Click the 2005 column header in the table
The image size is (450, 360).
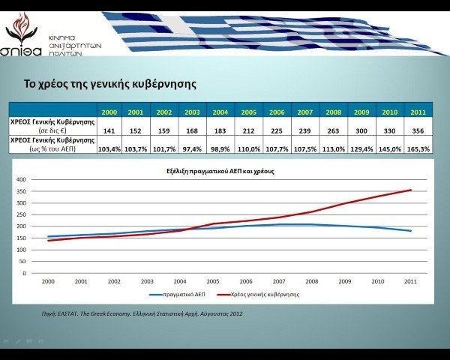tap(248, 112)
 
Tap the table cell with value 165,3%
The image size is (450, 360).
tap(419, 148)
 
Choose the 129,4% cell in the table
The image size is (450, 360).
tap(362, 148)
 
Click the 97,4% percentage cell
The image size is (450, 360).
tap(192, 148)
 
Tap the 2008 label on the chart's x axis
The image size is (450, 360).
tap(311, 281)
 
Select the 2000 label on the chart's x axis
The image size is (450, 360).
tap(49, 281)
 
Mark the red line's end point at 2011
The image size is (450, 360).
tap(411, 190)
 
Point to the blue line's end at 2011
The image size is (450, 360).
tap(411, 231)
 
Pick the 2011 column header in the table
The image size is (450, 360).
tap(419, 112)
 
